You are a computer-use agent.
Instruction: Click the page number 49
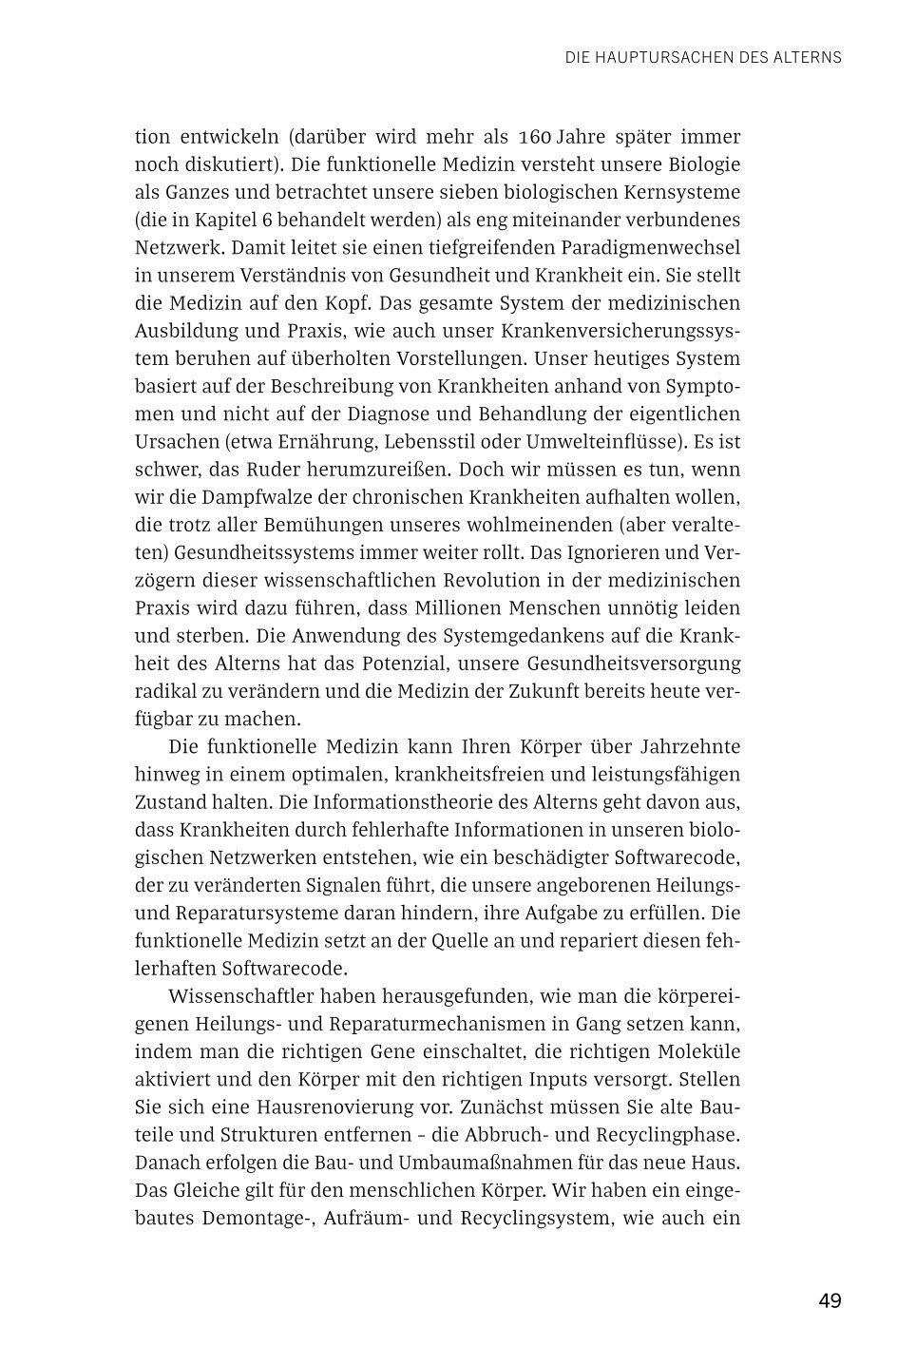(x=830, y=1300)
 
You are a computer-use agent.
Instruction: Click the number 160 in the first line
(x=538, y=137)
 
